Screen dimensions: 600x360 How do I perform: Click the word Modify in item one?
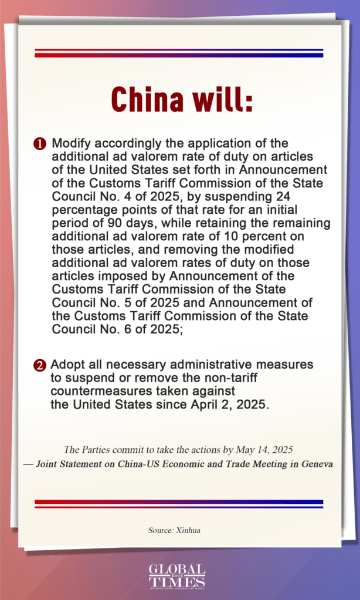(71, 144)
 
